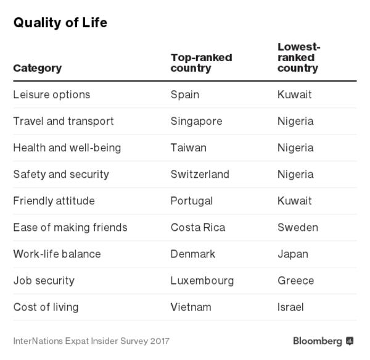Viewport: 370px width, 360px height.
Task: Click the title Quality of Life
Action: (60, 23)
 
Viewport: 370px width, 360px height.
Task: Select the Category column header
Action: (37, 68)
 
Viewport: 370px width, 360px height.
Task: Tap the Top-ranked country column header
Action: (201, 62)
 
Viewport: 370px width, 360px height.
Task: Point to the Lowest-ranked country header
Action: (299, 57)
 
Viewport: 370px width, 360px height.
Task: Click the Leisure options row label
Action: (51, 94)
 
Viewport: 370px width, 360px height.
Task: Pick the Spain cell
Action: (184, 94)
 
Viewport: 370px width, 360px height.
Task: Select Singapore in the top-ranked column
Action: (196, 121)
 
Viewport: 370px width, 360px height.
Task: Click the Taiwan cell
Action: (188, 148)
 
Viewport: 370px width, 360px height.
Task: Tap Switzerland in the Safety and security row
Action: (200, 174)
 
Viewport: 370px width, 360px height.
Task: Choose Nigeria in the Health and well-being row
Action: (295, 148)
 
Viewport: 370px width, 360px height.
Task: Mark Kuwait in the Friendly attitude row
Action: (294, 201)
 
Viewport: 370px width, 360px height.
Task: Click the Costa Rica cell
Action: (197, 227)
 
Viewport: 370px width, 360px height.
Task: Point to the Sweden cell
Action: (297, 227)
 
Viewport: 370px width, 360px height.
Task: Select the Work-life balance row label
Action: (57, 254)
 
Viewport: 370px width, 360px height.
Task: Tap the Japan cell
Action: (292, 254)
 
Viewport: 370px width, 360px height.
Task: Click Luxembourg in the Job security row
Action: (202, 280)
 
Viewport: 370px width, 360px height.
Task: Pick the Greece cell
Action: (295, 280)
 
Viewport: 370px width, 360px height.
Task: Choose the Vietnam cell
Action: (191, 307)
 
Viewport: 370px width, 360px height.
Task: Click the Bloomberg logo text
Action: (318, 341)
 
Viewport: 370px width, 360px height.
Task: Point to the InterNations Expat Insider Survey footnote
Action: (91, 341)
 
